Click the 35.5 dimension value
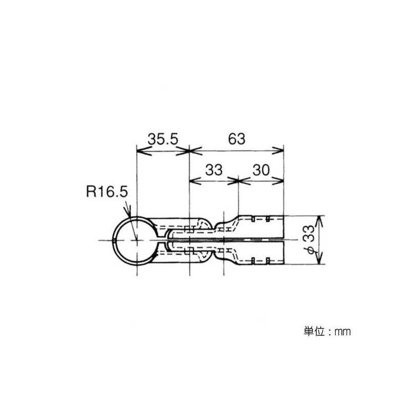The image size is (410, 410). [x=163, y=139]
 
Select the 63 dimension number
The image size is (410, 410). [x=236, y=139]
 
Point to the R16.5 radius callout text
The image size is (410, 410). [x=106, y=192]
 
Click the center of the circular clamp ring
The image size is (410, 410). [x=137, y=240]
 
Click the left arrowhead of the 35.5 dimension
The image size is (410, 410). [x=140, y=150]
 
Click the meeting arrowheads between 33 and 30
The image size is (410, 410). [x=239, y=180]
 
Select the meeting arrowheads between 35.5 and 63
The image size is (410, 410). [x=190, y=150]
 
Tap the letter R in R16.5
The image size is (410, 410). [x=91, y=192]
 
